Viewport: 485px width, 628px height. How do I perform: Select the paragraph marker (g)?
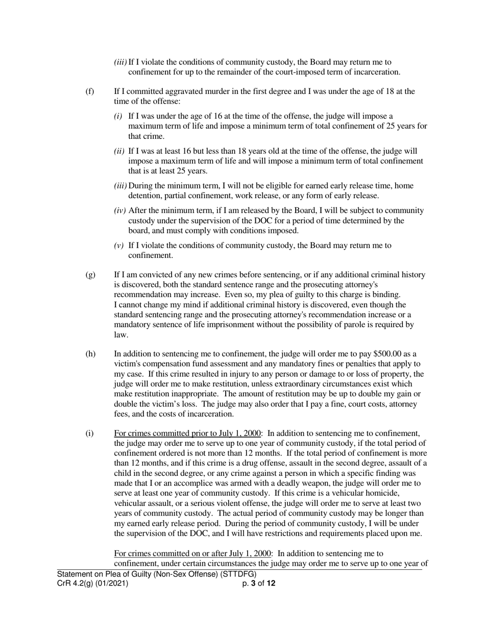tap(90, 275)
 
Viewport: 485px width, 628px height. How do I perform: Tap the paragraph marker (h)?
tap(90, 354)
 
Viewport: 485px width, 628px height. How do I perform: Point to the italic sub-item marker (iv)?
tap(119, 211)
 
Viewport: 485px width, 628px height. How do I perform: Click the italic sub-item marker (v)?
tap(118, 246)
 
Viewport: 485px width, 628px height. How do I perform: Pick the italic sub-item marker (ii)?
tap(119, 152)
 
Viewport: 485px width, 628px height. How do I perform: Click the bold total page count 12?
tap(271, 583)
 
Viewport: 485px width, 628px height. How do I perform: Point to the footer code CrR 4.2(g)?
tap(78, 583)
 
